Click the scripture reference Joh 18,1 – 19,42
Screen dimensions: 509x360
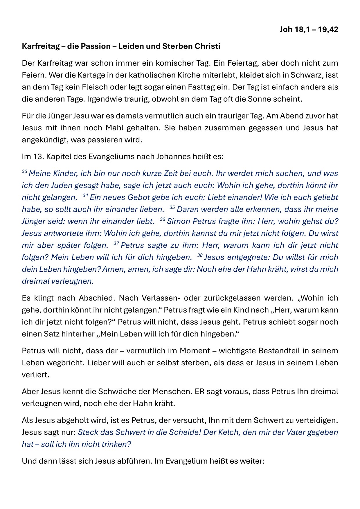(309, 29)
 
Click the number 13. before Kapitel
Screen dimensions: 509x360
(38, 157)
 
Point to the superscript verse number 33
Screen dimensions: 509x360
(24, 172)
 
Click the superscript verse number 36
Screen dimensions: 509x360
(162, 220)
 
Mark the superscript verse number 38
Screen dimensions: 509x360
(200, 256)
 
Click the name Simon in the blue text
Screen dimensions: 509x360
(179, 221)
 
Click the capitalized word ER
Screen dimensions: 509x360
(200, 391)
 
